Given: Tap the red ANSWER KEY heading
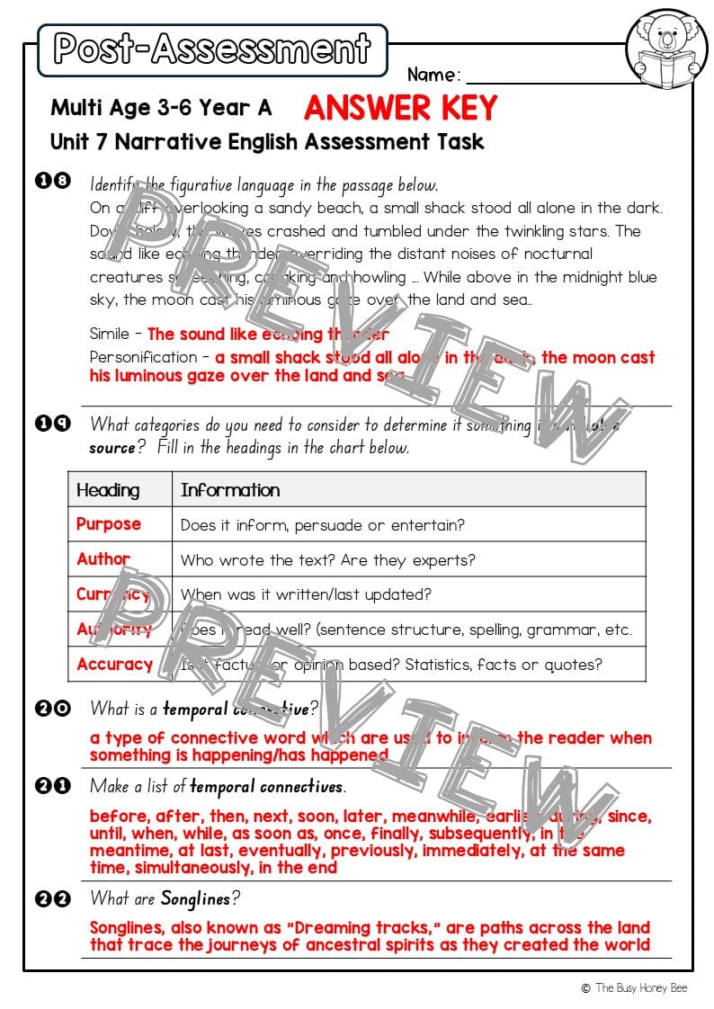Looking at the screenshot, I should click(x=400, y=109).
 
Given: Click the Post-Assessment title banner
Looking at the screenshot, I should click(x=212, y=49).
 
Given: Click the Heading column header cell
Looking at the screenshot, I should click(x=108, y=490).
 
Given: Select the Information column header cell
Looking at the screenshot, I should click(x=230, y=490).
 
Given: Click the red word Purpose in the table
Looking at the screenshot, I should click(x=109, y=524).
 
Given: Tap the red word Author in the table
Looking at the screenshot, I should click(x=103, y=559).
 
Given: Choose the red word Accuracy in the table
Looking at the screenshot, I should click(x=114, y=665).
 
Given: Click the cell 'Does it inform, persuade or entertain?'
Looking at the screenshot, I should click(x=322, y=525).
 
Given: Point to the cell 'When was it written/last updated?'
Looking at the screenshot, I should click(x=306, y=594).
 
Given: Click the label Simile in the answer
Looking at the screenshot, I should click(x=110, y=334).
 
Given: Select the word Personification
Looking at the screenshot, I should click(x=143, y=357).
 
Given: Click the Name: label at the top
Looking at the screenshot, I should click(x=434, y=75).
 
